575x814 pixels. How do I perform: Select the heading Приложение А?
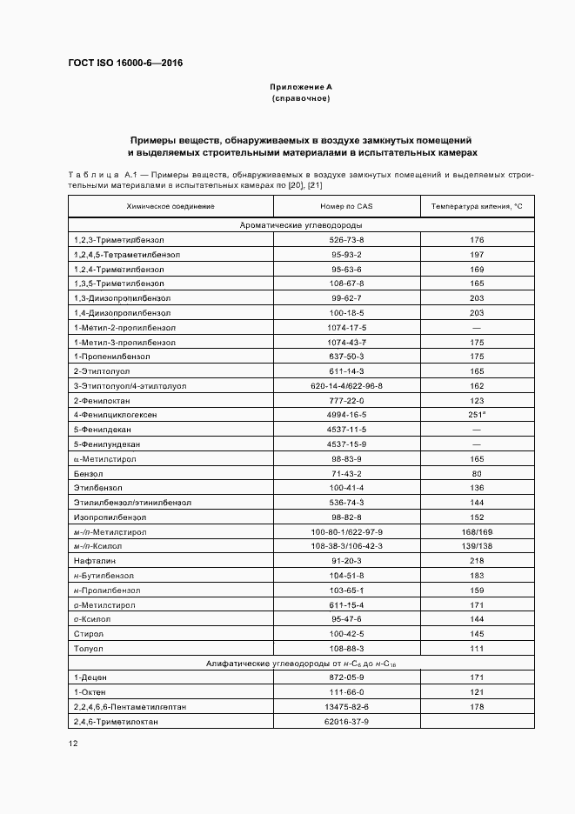[301, 88]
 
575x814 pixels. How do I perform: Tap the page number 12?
[73, 743]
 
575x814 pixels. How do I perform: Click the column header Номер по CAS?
[346, 206]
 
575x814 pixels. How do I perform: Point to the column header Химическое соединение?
[170, 206]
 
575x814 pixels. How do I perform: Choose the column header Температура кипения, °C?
[477, 206]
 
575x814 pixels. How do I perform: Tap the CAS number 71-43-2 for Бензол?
[346, 474]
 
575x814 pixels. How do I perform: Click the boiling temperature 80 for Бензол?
[477, 474]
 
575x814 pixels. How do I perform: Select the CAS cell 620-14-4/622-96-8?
[346, 385]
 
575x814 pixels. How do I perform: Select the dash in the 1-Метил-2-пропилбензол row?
[477, 327]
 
